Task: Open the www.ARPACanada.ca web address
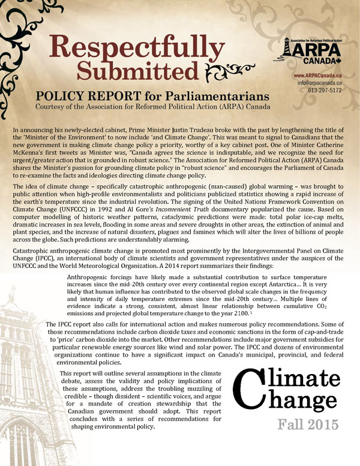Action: coord(319,76)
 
